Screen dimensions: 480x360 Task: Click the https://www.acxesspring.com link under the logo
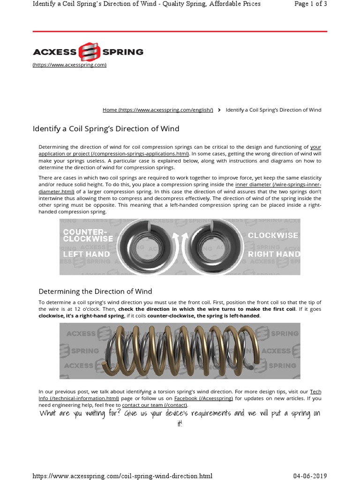(69, 65)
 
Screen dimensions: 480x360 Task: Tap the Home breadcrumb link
(157, 110)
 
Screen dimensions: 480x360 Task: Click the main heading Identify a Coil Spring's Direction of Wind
(105, 128)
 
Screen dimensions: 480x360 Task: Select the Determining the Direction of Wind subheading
(95, 291)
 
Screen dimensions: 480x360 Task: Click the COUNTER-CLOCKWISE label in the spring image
(88, 235)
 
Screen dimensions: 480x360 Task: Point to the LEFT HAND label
(86, 254)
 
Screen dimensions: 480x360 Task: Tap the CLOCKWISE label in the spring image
(273, 235)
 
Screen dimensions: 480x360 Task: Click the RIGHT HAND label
(274, 254)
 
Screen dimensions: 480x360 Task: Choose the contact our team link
(154, 405)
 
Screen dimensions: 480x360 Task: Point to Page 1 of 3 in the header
(310, 4)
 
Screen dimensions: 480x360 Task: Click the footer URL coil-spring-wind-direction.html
(122, 476)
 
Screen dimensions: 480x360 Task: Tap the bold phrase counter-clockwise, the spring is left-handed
(203, 316)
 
